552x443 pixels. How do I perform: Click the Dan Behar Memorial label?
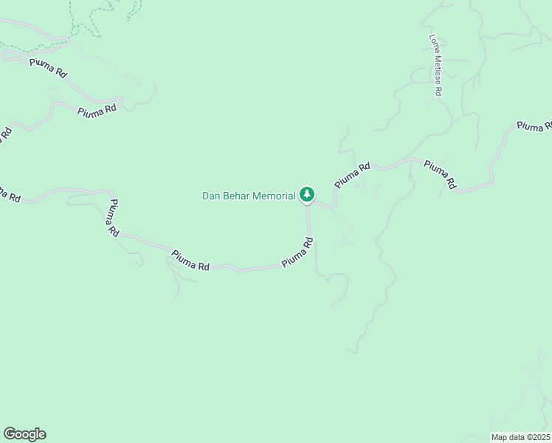point(249,196)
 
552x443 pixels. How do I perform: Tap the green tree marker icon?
point(307,195)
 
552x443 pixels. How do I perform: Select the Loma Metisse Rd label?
point(436,65)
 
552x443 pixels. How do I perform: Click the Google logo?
point(24,434)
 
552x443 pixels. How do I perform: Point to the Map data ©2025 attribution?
point(520,437)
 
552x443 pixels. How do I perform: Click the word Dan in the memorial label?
point(211,196)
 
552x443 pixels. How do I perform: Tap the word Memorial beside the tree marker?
point(275,196)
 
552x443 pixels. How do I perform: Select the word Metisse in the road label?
point(437,70)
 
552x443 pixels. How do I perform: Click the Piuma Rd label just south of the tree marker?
point(297,253)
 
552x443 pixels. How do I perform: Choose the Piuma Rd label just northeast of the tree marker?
point(352,176)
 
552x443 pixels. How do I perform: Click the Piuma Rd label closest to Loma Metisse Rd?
point(441,175)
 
